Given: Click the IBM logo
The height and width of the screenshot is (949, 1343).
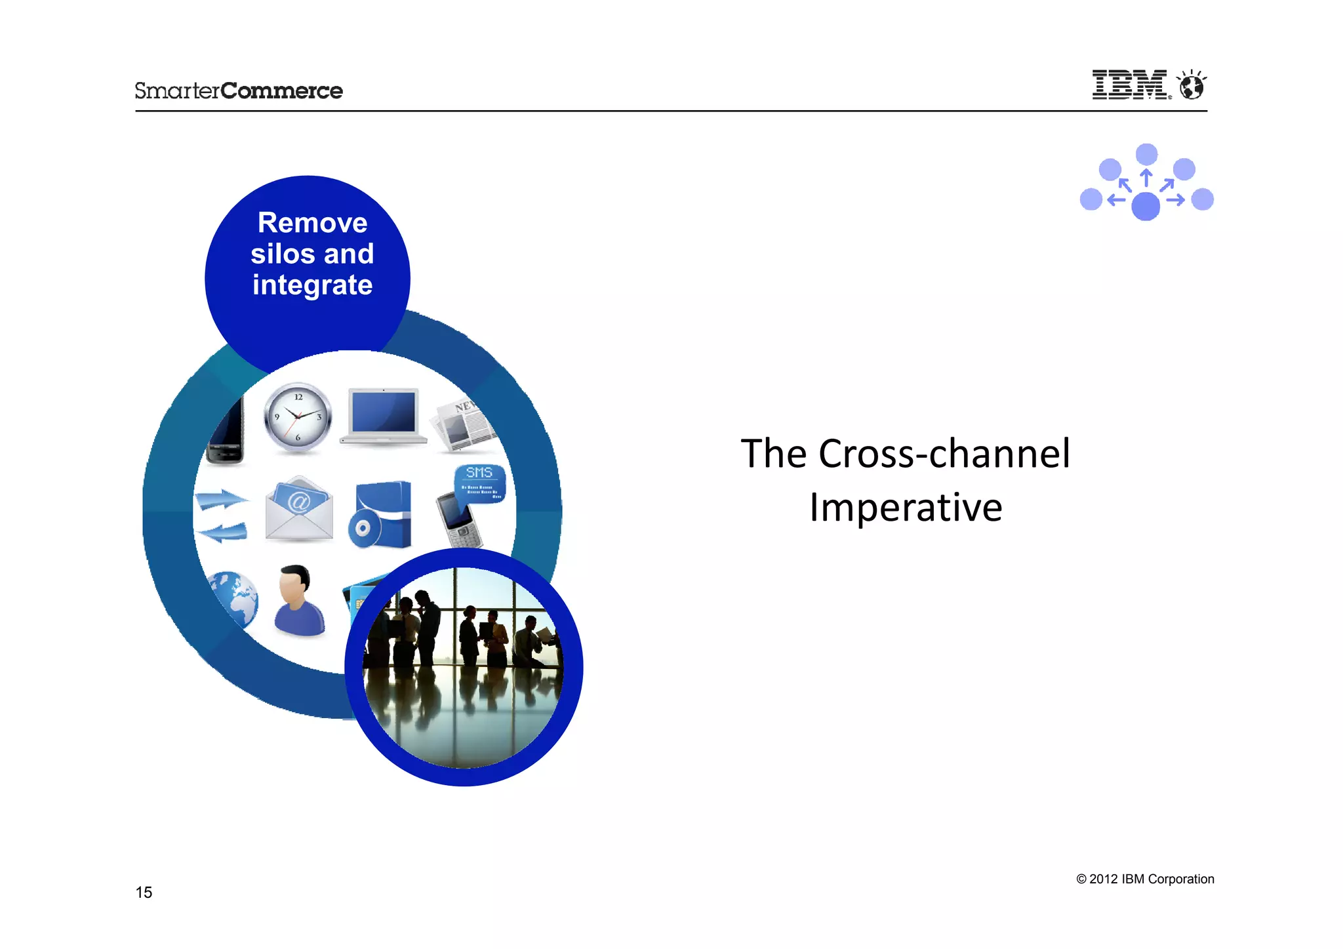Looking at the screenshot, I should point(1129,85).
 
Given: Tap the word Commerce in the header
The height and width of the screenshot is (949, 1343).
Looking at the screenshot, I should point(281,91).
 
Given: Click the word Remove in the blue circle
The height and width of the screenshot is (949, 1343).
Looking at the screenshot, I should point(312,223).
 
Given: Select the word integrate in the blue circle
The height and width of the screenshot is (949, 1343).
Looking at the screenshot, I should point(312,285).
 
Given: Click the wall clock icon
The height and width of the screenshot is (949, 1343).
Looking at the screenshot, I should point(298,418).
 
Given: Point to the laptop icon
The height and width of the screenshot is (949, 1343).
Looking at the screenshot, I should point(384,416).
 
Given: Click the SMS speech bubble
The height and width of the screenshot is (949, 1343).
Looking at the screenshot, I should point(479,482).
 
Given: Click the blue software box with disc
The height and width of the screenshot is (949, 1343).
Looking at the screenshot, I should point(381,515).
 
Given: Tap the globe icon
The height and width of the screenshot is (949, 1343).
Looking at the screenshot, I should point(233,599).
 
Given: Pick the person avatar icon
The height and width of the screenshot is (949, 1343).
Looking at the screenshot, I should point(298,601).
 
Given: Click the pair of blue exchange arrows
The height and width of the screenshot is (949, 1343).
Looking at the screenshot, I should point(222,515).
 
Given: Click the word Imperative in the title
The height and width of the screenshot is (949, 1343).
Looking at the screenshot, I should point(906,508).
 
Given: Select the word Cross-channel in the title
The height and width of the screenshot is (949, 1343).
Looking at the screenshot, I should point(944,454).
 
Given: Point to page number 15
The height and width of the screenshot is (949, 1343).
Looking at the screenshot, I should point(144,892).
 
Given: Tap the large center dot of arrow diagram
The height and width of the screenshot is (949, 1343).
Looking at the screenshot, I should point(1146,206).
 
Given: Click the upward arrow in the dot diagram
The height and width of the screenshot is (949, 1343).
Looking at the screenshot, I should point(1146,178).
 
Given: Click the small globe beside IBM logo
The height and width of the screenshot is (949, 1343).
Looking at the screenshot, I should point(1192,86).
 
